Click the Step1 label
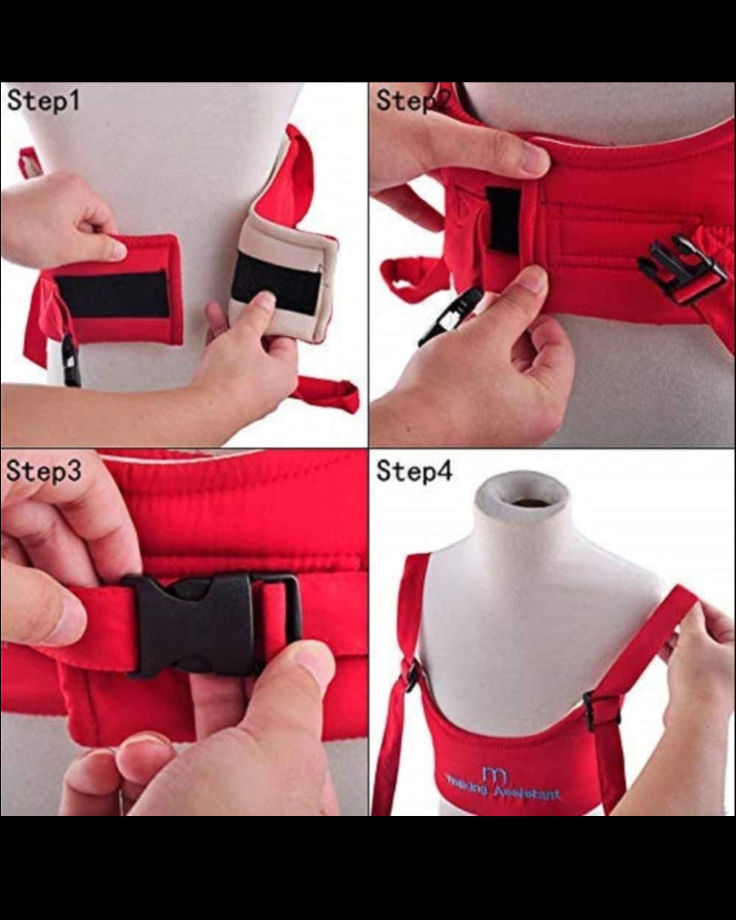click(x=43, y=101)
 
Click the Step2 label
click(x=413, y=101)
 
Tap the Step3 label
click(x=43, y=471)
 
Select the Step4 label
click(x=414, y=471)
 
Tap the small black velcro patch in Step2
click(x=502, y=220)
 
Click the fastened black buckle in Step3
click(x=204, y=624)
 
